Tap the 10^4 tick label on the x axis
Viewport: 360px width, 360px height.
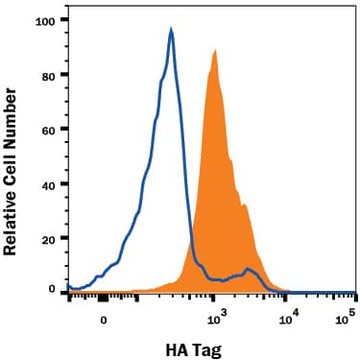(x=285, y=312)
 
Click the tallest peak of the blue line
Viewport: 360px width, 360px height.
(x=171, y=30)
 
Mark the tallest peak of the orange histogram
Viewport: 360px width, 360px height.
(x=216, y=50)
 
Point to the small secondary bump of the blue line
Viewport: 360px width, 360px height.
(x=249, y=270)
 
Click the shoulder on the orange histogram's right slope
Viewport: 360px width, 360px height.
(x=246, y=205)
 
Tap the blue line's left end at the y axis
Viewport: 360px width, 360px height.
(x=68, y=286)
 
